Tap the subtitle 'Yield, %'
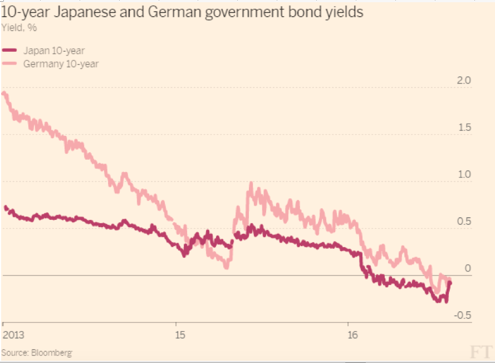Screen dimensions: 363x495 pos(18,27)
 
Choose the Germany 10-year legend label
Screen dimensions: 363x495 pos(61,63)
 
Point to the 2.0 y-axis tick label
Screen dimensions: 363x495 pos(463,80)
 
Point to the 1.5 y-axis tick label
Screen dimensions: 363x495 pos(463,127)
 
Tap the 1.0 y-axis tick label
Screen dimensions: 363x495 pos(463,174)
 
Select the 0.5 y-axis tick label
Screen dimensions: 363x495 pos(463,222)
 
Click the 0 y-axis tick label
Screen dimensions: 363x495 pos(468,268)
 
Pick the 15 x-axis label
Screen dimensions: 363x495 pos(179,336)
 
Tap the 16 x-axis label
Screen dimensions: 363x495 pos(351,336)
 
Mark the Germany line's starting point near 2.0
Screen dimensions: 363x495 pos(4,94)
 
